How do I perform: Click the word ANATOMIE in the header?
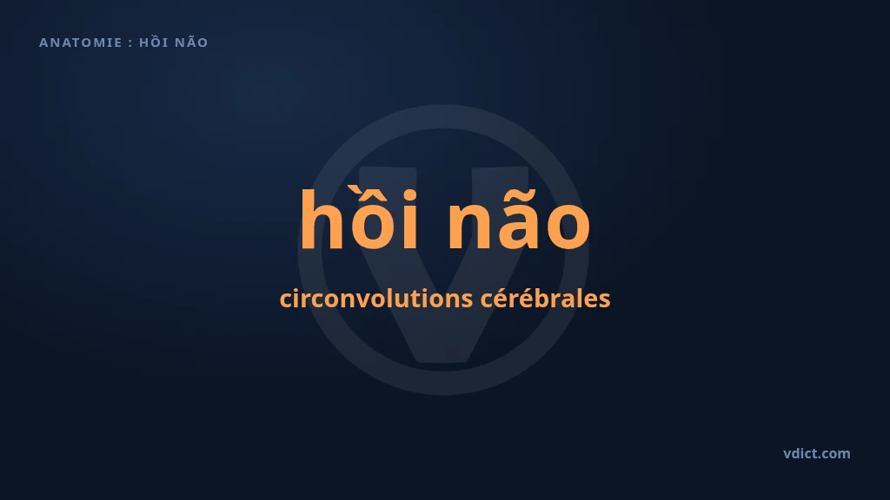81,43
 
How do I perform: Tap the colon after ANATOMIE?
130,43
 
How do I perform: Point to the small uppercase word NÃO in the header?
191,42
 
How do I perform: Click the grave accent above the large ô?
355,190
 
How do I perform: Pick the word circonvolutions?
376,299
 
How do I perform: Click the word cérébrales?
546,299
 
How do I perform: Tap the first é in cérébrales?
502,299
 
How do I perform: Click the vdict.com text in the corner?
817,453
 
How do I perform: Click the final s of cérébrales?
605,301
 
